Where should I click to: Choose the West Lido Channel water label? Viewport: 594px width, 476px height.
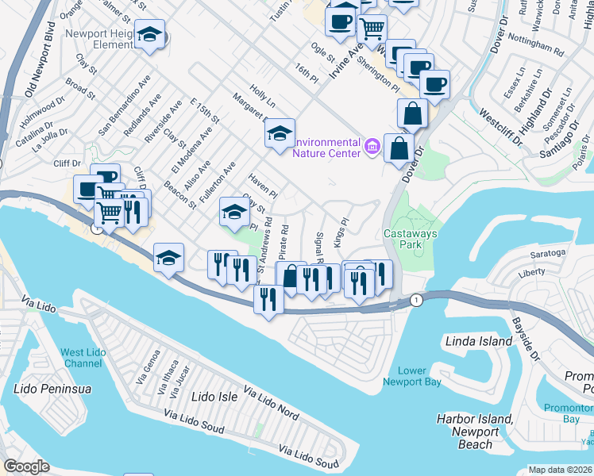83,357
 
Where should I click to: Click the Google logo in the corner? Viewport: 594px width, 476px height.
26,466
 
